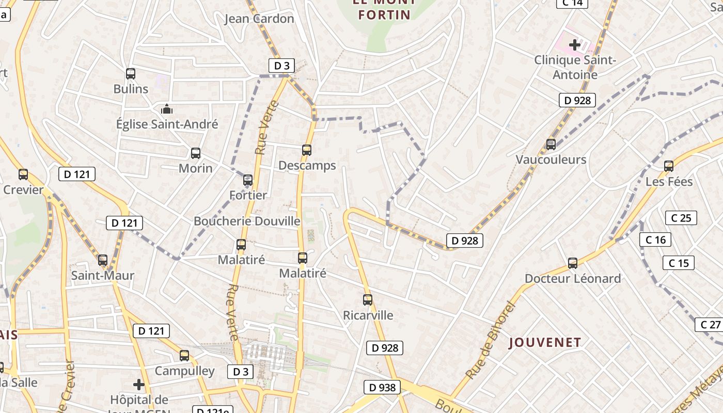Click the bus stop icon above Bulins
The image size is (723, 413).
[x=131, y=74]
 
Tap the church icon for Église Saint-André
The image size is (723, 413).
[x=167, y=109]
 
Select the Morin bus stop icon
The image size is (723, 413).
[x=196, y=153]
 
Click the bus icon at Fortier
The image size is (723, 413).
[x=248, y=180]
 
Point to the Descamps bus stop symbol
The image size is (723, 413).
[x=307, y=150]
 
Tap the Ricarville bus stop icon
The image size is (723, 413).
[x=368, y=300]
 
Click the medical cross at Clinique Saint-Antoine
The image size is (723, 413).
[x=575, y=45]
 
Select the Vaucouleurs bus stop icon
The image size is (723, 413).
[x=551, y=145]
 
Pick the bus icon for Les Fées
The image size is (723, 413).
[x=669, y=166]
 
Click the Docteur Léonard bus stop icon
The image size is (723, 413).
[x=573, y=263]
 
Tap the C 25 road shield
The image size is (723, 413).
[x=681, y=218]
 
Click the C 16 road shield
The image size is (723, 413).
[x=656, y=240]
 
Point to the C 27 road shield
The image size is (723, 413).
[x=711, y=325]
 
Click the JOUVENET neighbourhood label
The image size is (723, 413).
[x=545, y=342]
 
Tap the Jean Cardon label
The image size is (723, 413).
[x=259, y=19]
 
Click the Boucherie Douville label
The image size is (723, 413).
[x=247, y=221]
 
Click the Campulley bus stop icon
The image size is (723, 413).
[x=184, y=356]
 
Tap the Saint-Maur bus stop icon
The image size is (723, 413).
[x=103, y=260]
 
